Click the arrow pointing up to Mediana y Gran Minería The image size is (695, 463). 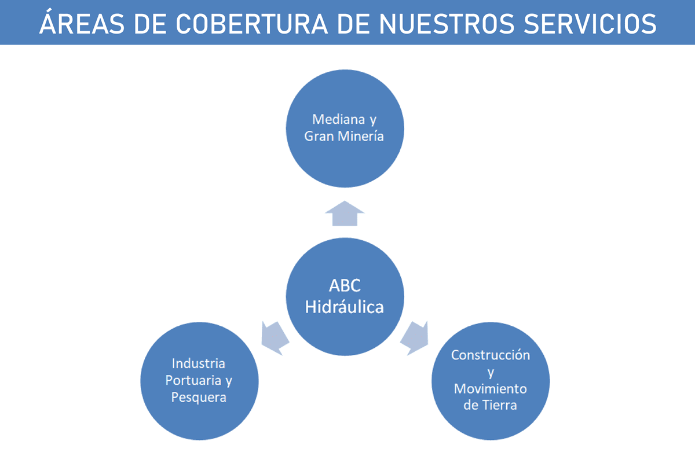tap(345, 214)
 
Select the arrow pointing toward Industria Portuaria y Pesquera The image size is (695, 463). tap(275, 337)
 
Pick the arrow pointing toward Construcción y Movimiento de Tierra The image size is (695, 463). tap(414, 337)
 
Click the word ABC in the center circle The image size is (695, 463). tap(345, 286)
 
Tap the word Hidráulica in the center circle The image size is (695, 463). tap(345, 306)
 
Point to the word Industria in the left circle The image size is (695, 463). tap(199, 363)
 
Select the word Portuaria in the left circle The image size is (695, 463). tap(191, 381)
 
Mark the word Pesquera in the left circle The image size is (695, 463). tap(199, 398)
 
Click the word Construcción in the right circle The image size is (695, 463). tap(491, 355)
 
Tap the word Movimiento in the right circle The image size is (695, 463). tap(491, 388)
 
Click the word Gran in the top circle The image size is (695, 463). tap(319, 137)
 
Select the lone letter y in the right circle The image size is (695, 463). tap(491, 372)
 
